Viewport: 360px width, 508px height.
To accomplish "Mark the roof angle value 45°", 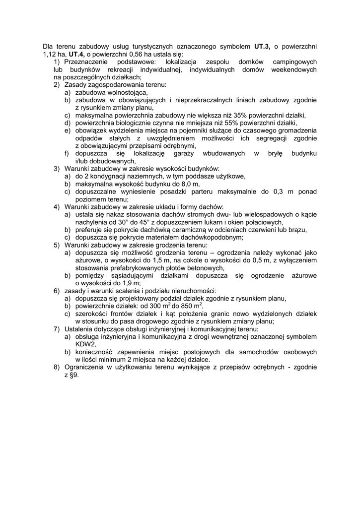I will click(144, 222).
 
